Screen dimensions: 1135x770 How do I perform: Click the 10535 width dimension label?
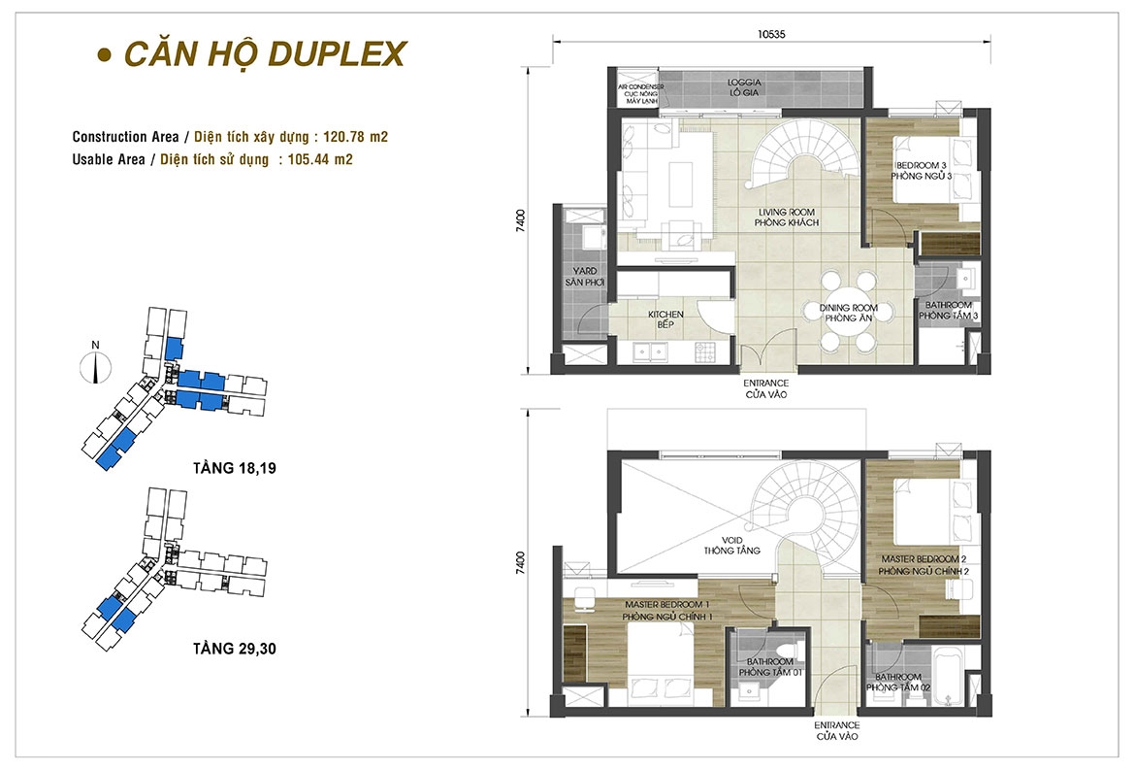[x=771, y=33]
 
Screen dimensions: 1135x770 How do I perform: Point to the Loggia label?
[x=744, y=87]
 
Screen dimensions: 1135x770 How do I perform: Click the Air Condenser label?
[x=640, y=94]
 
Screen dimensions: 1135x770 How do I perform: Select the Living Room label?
[x=786, y=218]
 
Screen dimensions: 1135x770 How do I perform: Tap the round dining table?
[x=848, y=313]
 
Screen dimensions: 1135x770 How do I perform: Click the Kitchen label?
[x=665, y=319]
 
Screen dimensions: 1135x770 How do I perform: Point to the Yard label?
[x=585, y=276]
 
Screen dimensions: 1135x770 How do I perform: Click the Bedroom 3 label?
[x=922, y=170]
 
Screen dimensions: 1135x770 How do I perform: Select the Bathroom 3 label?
[x=948, y=310]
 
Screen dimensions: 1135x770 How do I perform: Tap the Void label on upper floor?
[x=731, y=545]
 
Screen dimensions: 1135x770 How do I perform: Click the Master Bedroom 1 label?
[x=667, y=610]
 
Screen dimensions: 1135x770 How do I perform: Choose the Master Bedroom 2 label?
[x=924, y=565]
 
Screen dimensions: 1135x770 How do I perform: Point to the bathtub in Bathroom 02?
[x=947, y=678]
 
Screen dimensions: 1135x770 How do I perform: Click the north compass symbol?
[x=95, y=363]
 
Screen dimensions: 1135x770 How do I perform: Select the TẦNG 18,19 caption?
[x=235, y=468]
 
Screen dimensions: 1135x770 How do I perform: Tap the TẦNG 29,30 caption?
[x=235, y=649]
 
